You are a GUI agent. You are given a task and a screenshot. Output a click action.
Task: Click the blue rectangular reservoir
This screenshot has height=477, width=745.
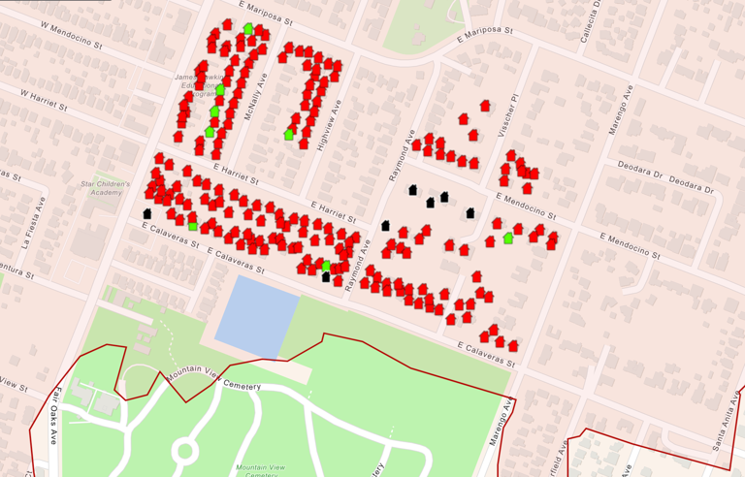[256, 315]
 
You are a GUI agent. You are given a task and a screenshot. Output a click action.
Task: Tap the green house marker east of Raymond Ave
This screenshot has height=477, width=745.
[508, 238]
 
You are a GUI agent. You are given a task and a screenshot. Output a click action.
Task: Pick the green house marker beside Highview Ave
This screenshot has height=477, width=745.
[288, 135]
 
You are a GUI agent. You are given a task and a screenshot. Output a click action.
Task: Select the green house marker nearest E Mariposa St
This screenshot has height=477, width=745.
[249, 29]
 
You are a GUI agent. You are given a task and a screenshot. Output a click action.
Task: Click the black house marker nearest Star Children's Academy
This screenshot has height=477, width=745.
[147, 213]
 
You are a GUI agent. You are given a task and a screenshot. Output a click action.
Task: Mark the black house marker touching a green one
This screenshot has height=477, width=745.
[326, 276]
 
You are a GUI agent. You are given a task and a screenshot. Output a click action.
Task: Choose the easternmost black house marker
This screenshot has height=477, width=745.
[470, 213]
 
